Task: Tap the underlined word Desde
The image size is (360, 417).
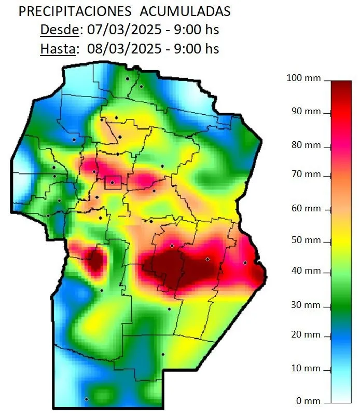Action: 59,30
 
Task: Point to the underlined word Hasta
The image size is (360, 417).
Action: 59,49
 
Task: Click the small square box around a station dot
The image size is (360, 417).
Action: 113,182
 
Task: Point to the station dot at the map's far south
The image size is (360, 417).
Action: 87,399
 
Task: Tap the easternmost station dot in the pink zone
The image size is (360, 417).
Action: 245,263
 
